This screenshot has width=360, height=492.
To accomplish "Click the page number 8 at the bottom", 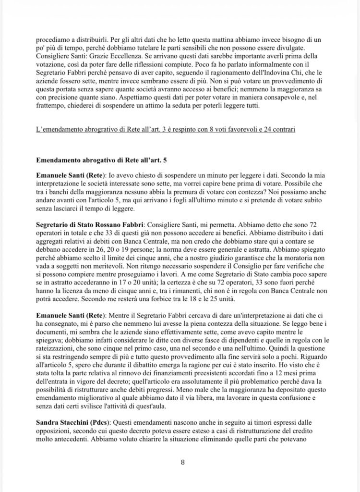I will [x=182, y=463].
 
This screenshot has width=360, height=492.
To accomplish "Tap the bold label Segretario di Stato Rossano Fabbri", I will [x=89, y=225].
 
